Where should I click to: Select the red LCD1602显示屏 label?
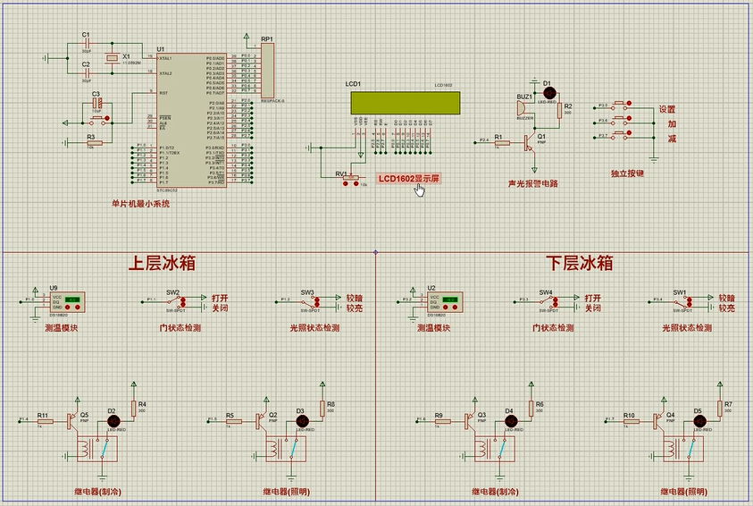408,179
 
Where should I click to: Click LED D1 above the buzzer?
548,92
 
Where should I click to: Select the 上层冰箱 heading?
161,264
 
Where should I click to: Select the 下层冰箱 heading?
580,263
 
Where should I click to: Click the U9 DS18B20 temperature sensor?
67,302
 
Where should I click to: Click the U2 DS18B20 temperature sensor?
444,302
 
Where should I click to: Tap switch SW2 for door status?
173,302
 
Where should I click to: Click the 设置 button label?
666,109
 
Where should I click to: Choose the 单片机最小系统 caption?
140,203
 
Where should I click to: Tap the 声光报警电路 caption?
532,183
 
